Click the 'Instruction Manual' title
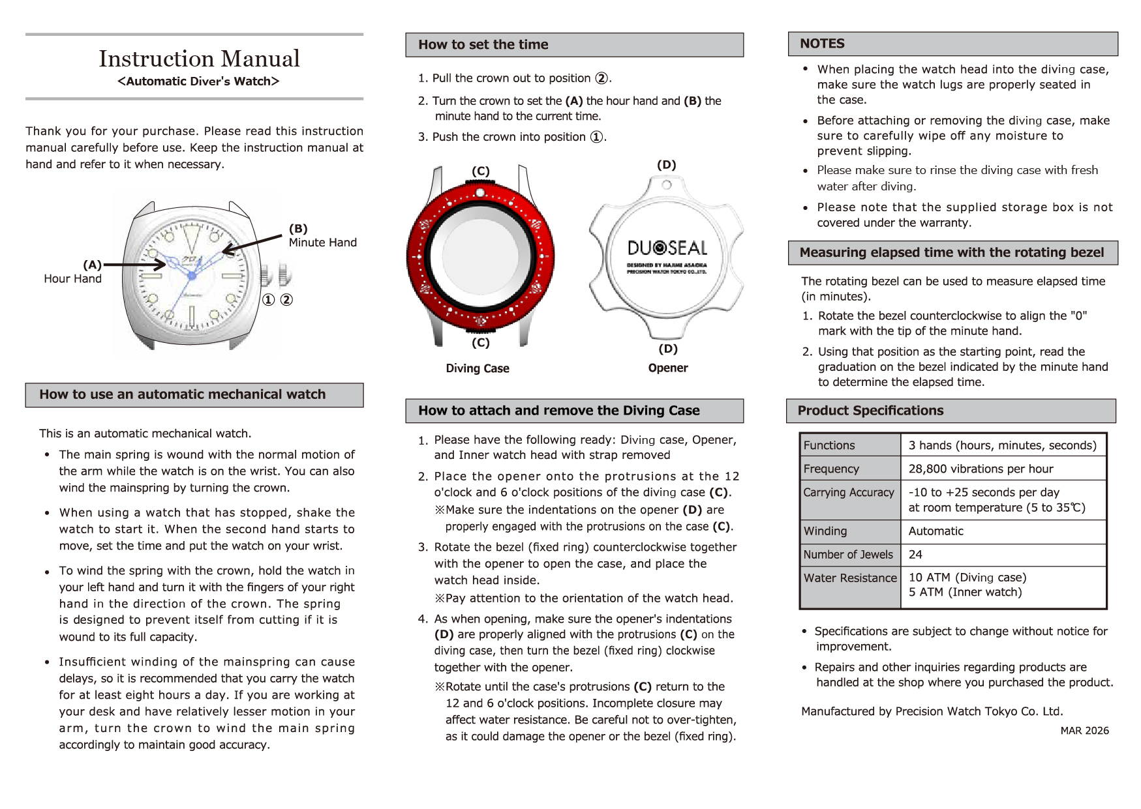tap(199, 59)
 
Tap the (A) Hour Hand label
tap(73, 272)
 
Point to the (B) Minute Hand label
tap(322, 236)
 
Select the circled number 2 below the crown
tap(286, 300)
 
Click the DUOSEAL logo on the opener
tap(667, 248)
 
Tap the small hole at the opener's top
tap(666, 185)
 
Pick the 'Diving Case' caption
tap(478, 368)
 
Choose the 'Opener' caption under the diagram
tap(668, 368)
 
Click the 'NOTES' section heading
tap(822, 44)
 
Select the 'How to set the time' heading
tap(483, 45)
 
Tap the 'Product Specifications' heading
tap(870, 411)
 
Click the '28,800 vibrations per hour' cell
tap(981, 469)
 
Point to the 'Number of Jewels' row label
tap(848, 555)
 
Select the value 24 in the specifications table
tap(915, 555)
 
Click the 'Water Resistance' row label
tap(850, 578)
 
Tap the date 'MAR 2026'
tap(1084, 731)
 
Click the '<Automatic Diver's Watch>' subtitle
tap(198, 81)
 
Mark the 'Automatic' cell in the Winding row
tap(936, 531)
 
